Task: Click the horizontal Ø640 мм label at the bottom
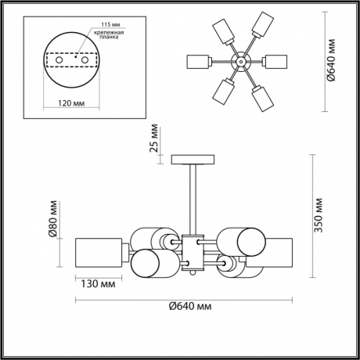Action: coord(191,307)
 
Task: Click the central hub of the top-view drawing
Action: coord(242,60)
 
